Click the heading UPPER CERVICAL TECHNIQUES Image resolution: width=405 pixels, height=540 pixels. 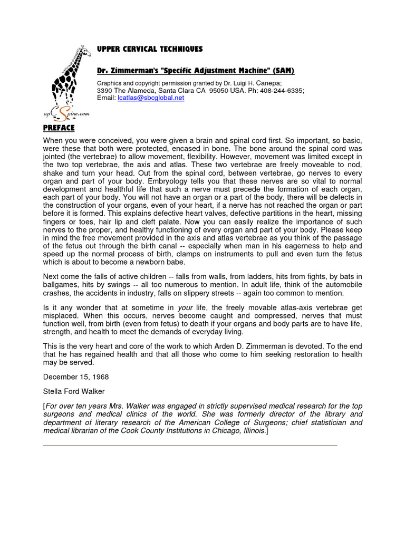149,49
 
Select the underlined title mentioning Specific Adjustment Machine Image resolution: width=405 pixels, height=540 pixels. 195,71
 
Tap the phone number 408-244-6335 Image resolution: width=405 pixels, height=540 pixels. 281,91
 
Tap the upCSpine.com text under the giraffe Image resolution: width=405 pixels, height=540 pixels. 66,113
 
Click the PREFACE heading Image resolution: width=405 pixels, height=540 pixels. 59,128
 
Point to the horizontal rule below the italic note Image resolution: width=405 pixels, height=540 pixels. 190,446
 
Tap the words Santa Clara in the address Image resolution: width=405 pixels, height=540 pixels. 169,91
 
